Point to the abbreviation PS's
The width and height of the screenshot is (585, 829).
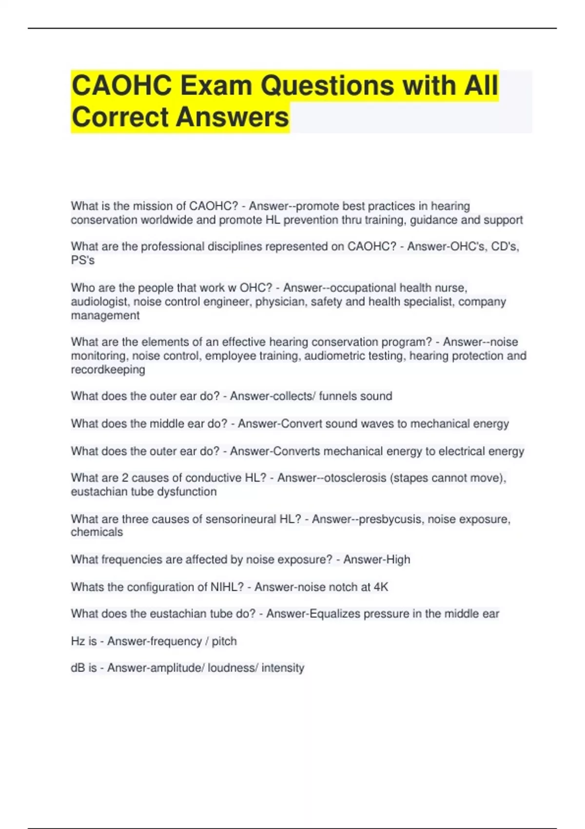(83, 260)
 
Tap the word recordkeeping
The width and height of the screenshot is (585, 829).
(108, 370)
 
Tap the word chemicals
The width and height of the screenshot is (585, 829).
(97, 532)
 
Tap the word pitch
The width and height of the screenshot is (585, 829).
(224, 641)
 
